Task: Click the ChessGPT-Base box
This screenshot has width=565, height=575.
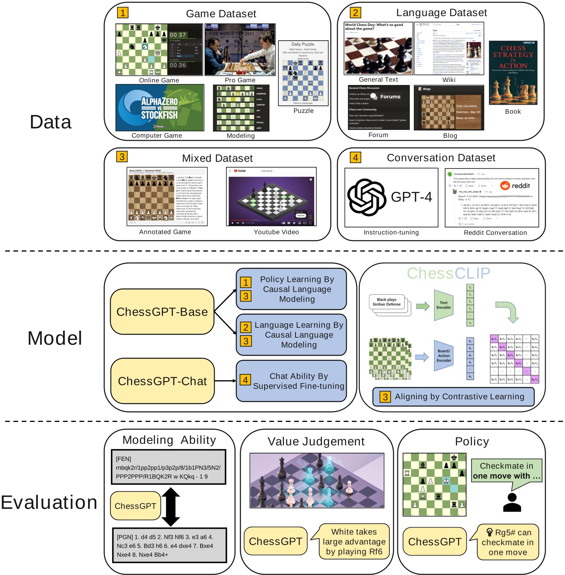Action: click(x=162, y=312)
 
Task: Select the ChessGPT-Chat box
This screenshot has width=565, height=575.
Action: click(x=162, y=381)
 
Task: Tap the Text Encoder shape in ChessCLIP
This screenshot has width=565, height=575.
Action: click(x=444, y=305)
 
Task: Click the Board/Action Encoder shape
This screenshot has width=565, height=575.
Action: click(x=444, y=356)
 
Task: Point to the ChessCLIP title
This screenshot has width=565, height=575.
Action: click(x=449, y=273)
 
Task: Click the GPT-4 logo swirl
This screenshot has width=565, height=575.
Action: click(x=366, y=197)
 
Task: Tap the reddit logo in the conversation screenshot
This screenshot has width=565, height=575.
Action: click(x=515, y=186)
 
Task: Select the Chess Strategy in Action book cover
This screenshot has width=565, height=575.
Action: click(x=513, y=73)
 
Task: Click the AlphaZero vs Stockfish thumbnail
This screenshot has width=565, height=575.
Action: click(x=160, y=108)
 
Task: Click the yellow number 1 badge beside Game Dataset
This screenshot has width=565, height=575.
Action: click(x=123, y=12)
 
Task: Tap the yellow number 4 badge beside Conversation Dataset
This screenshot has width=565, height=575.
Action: click(x=355, y=157)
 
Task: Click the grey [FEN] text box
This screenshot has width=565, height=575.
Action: click(x=168, y=467)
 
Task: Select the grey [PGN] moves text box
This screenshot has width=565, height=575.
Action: click(x=170, y=545)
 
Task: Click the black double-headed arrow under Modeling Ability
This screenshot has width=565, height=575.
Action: click(x=170, y=507)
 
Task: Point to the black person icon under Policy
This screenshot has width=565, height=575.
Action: click(x=512, y=502)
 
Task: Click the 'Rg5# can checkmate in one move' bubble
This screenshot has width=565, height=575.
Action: click(x=508, y=542)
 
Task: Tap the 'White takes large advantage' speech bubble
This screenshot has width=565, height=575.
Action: click(x=354, y=542)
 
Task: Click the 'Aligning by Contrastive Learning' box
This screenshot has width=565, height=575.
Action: click(x=453, y=397)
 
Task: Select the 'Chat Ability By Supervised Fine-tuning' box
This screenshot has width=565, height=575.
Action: click(x=291, y=381)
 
